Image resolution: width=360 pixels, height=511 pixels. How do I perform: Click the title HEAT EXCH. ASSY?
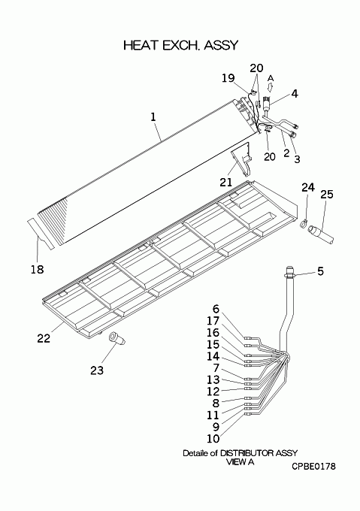[x=181, y=45]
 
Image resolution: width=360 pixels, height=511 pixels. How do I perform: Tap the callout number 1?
[x=153, y=117]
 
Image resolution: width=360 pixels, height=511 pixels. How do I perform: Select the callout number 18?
[x=37, y=269]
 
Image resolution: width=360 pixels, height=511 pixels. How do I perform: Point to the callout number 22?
[x=44, y=338]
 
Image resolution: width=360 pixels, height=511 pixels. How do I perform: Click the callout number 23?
[x=97, y=370]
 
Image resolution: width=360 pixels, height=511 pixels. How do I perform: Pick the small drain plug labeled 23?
[x=117, y=338]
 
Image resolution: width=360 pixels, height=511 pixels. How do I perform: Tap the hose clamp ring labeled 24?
[x=304, y=224]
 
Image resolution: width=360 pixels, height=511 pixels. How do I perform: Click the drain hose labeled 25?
[x=321, y=234]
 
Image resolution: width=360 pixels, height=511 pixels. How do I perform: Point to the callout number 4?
[x=295, y=94]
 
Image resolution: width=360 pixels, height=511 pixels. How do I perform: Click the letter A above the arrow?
[x=271, y=79]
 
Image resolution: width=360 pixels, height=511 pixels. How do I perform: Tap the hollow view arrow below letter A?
[x=269, y=87]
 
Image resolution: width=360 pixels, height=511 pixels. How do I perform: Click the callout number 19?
[x=228, y=78]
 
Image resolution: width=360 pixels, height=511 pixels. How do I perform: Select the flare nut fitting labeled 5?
[x=290, y=272]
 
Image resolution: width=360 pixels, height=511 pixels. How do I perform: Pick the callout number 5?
[x=321, y=271]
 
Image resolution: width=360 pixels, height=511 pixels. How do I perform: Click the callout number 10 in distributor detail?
[x=213, y=439]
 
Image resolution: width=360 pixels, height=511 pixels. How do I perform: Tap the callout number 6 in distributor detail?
[x=216, y=309]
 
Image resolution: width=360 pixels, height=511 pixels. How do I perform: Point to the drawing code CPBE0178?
[x=313, y=467]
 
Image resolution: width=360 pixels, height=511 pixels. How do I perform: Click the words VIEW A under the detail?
[x=240, y=462]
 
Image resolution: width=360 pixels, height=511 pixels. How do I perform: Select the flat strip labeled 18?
[x=41, y=234]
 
